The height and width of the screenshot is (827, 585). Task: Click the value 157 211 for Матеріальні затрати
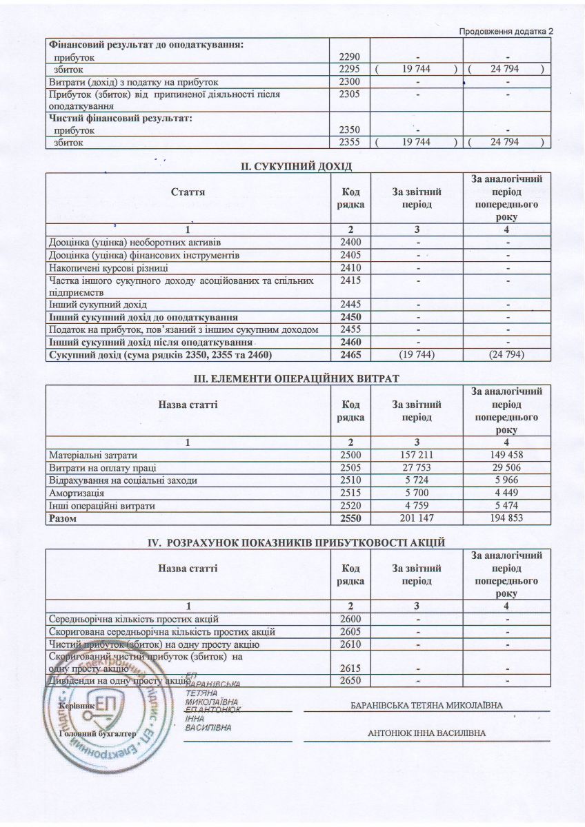(x=417, y=456)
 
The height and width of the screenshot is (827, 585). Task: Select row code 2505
(x=351, y=468)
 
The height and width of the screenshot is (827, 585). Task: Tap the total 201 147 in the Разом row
(x=417, y=518)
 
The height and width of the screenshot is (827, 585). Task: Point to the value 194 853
(x=506, y=518)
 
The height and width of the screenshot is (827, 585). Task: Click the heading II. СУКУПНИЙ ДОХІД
(x=295, y=167)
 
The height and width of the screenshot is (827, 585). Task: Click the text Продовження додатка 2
(x=506, y=31)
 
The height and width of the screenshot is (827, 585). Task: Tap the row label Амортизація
(x=77, y=493)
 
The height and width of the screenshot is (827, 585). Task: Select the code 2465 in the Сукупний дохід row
(x=351, y=355)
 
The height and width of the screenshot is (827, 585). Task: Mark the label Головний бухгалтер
(x=97, y=734)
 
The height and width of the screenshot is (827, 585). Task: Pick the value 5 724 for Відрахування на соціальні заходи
(x=417, y=480)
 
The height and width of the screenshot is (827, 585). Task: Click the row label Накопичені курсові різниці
(x=108, y=267)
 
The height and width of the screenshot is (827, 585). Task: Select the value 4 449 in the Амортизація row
(x=506, y=493)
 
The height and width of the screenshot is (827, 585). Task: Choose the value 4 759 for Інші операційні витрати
(x=417, y=505)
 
